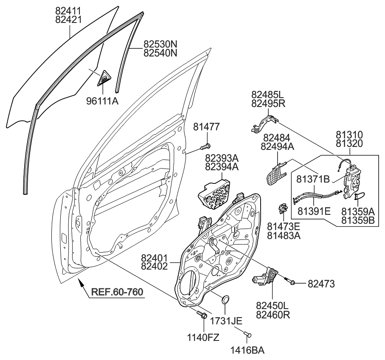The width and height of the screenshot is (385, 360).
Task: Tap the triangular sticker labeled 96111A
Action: click(103, 79)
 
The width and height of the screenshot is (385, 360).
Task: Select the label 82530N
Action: click(160, 44)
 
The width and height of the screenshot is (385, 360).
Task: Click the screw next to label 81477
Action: click(204, 148)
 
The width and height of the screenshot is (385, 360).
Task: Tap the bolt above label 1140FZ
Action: click(202, 315)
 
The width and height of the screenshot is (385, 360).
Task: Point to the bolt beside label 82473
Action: click(292, 281)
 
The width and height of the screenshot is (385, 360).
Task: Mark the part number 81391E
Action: click(313, 211)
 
